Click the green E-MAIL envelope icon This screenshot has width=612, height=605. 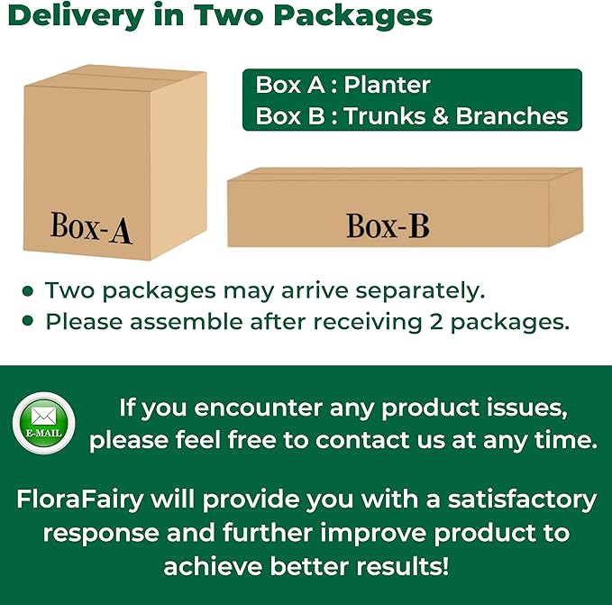[43, 423]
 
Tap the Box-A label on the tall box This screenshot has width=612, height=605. [91, 227]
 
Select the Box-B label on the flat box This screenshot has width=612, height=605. [388, 225]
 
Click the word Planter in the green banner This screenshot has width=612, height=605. [387, 86]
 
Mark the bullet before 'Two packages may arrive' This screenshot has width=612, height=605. [29, 291]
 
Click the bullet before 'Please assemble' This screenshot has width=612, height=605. [29, 321]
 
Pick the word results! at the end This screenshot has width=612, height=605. [399, 565]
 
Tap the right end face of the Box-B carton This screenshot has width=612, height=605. [565, 206]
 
